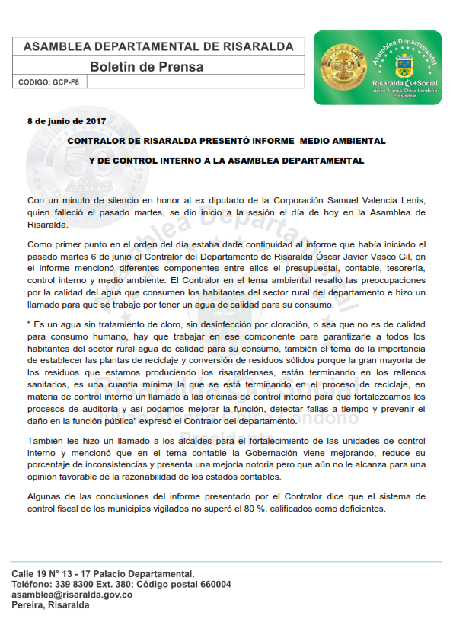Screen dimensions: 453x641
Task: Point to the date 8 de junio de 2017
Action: tap(67, 121)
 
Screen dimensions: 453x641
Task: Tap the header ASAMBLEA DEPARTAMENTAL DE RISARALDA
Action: tap(158, 46)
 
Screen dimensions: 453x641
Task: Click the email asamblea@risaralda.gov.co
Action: tap(72, 595)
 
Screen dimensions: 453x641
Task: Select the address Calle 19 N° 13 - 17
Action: tap(57, 573)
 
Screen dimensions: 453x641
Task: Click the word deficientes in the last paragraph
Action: tap(362, 509)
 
